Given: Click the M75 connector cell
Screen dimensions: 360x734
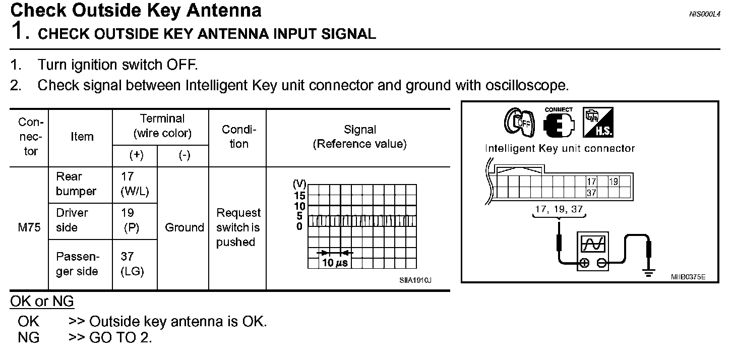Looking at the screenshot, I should click(29, 228).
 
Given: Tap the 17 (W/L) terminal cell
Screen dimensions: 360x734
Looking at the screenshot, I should click(135, 184).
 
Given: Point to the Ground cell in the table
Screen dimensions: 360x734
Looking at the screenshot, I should click(184, 228).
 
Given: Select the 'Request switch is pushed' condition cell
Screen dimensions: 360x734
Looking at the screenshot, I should click(238, 228).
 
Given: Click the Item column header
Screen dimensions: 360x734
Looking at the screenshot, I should click(82, 137).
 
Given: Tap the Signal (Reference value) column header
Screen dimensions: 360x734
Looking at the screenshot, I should click(359, 137).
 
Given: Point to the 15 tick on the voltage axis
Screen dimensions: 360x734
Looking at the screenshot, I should click(299, 196).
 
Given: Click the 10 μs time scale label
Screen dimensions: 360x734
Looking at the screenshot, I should click(335, 263).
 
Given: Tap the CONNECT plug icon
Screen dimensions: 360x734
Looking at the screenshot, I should click(559, 123).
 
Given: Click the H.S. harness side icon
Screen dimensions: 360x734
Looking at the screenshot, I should click(598, 123).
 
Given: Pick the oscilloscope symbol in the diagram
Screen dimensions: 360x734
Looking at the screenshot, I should click(592, 250).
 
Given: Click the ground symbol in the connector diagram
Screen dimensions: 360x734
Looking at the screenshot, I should click(649, 273).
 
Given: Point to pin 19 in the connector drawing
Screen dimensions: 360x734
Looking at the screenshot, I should click(613, 182).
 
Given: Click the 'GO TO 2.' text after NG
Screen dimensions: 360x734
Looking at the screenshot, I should click(120, 338).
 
